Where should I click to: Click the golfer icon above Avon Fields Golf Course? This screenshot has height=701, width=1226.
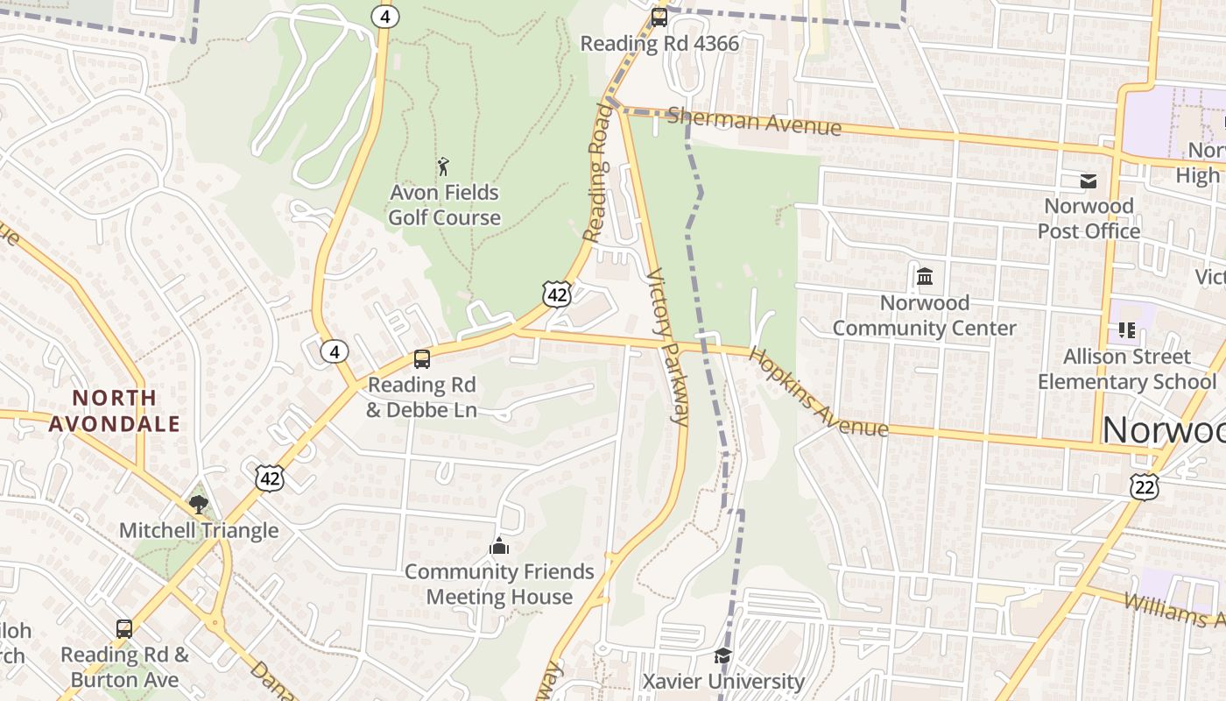coord(443,166)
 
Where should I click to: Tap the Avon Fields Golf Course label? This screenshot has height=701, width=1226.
coord(444,205)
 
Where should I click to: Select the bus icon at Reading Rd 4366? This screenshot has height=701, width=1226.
coord(659,17)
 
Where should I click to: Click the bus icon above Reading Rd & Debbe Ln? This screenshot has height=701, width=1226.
coord(422,359)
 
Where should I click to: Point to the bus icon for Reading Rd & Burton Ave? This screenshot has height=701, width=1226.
coord(124,628)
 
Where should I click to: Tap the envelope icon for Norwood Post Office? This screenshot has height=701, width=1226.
coord(1089,181)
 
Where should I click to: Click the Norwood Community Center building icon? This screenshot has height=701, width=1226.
coord(924,277)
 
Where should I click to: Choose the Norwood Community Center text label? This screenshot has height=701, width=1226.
coord(924,315)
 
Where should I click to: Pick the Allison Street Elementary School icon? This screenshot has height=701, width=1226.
coord(1126,330)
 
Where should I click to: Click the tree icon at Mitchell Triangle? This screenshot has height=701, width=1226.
coord(199,504)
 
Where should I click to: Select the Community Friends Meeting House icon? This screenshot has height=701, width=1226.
coord(499,547)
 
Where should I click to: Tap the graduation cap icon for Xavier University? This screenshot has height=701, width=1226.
coord(722,656)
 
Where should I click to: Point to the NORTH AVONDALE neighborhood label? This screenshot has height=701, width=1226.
coord(115,411)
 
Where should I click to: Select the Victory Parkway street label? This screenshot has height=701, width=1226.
coord(668,346)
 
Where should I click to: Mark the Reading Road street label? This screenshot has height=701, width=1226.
coord(598,173)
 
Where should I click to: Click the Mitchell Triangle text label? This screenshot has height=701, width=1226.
coord(199,530)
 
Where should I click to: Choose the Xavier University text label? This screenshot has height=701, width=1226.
coord(723,681)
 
